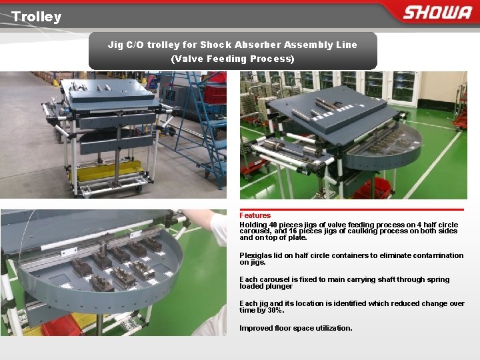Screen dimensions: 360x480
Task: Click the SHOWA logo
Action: [437, 13]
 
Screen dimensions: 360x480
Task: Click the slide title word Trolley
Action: [36, 17]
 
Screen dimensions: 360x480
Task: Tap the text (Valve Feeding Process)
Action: [233, 59]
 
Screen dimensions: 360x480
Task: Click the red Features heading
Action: [255, 215]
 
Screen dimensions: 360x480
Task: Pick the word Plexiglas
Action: [255, 255]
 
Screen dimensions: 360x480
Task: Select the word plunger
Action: [279, 286]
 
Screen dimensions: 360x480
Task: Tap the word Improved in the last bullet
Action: [255, 328]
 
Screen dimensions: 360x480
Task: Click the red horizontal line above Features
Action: [351, 209]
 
